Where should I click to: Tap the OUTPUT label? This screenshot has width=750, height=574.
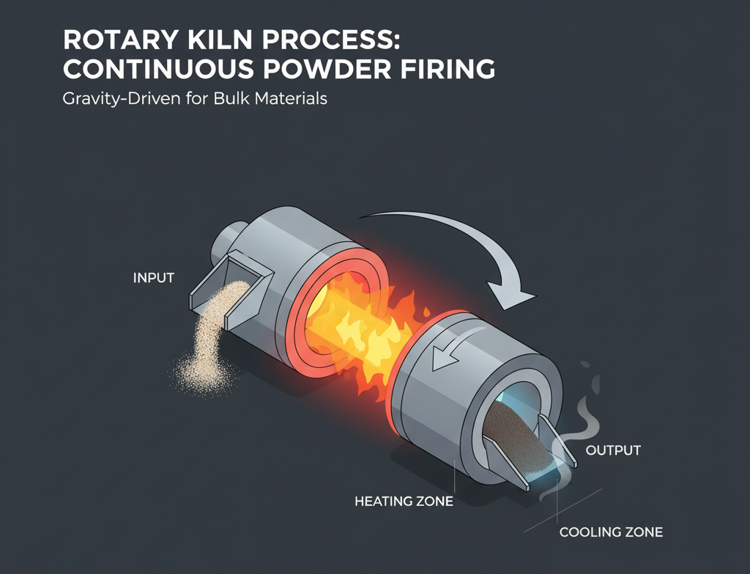[614, 449]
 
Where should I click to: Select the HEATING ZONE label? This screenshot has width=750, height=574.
[404, 502]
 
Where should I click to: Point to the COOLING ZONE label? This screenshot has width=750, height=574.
[611, 532]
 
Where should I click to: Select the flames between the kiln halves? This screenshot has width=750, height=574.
[366, 323]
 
